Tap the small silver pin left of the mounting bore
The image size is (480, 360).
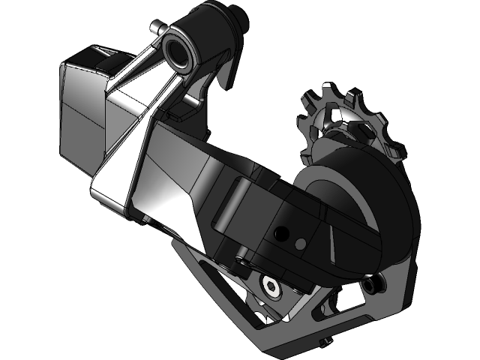tap(155, 28)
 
